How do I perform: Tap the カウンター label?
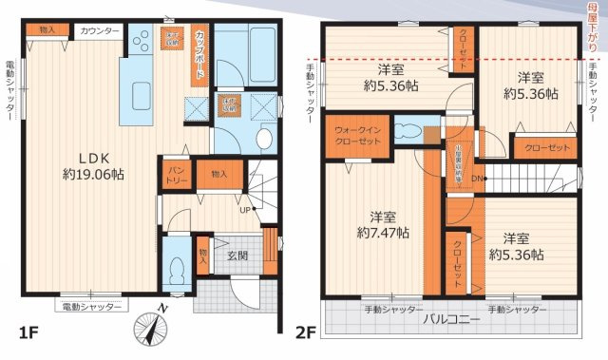(x=100, y=31)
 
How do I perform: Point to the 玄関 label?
(x=237, y=255)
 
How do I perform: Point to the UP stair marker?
(x=245, y=210)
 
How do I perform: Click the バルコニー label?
(x=452, y=320)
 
